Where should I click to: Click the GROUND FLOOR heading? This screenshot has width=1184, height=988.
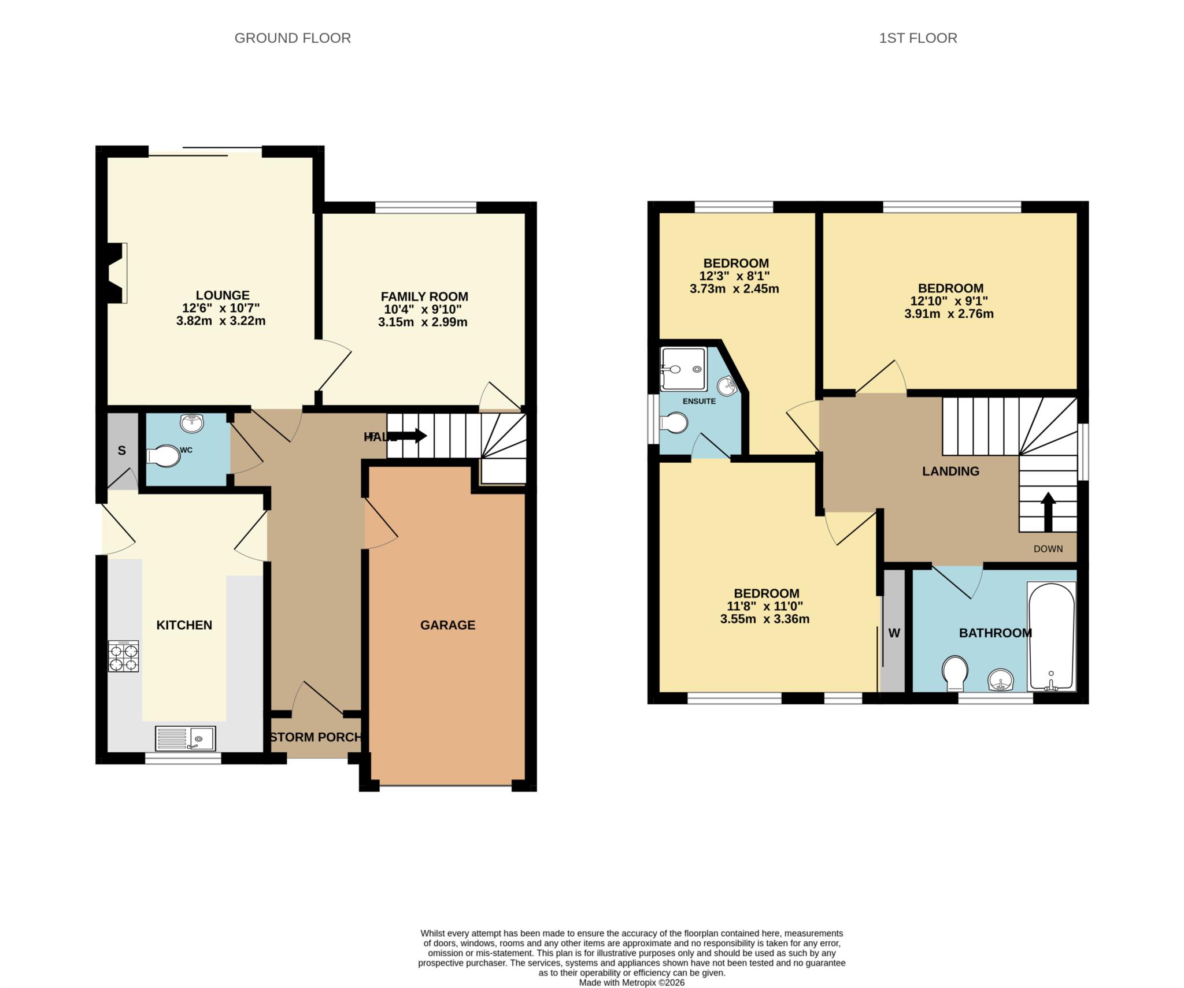[293, 38]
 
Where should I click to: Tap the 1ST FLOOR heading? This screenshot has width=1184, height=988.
[917, 38]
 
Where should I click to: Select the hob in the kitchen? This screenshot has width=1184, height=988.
[123, 656]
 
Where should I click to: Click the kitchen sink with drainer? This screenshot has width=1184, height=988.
[185, 738]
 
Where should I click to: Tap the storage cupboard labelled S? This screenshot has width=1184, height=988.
[122, 451]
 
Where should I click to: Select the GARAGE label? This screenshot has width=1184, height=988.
[447, 625]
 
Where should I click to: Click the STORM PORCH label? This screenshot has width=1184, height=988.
[316, 737]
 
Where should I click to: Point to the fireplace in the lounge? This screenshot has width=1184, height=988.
[117, 273]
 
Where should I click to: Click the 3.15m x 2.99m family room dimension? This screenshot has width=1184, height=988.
[423, 322]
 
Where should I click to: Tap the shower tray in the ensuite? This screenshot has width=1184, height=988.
[684, 369]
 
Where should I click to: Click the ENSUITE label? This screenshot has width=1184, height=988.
[699, 401]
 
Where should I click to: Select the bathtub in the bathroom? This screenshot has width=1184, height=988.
[1051, 636]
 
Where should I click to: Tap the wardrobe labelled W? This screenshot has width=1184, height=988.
[894, 633]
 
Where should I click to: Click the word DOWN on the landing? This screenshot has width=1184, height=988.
[1048, 549]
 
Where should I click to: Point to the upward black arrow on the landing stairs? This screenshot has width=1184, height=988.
[1048, 511]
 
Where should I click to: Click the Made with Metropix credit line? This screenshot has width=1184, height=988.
[631, 982]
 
